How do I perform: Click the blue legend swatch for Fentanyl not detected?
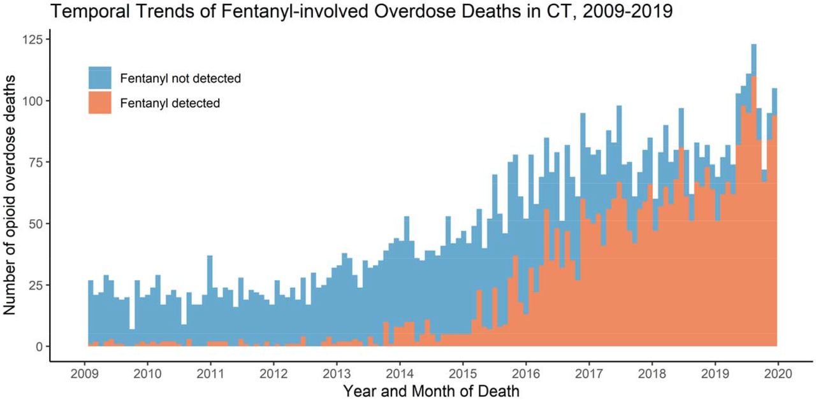[x=100, y=78]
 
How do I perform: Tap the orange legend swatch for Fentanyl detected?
[x=100, y=102]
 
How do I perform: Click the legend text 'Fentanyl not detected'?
[x=180, y=78]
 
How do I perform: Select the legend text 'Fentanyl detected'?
[x=170, y=103]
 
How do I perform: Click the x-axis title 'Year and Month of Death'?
[x=431, y=390]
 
